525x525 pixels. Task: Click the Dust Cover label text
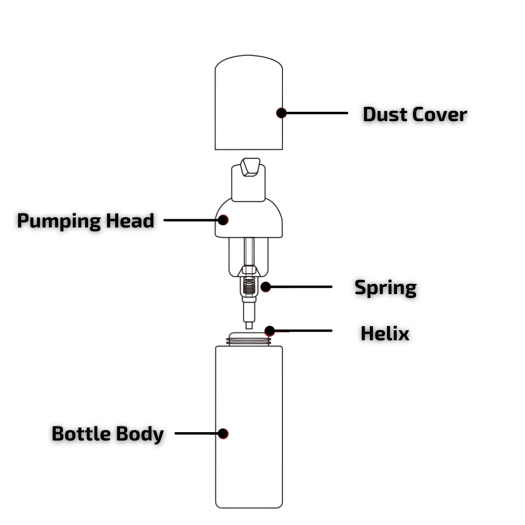pos(415,115)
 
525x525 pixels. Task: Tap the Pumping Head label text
pos(86,221)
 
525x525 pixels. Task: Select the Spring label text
pos(385,287)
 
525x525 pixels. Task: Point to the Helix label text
pos(385,333)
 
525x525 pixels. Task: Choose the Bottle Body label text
pos(107,434)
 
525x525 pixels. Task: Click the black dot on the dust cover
pos(281,113)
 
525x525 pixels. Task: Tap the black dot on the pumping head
pos(223,220)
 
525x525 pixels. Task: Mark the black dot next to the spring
pos(265,287)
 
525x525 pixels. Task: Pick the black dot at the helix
pos(270,331)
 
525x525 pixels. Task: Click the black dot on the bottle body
pos(223,433)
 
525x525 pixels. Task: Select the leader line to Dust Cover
pos(316,113)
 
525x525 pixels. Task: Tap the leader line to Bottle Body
pos(196,433)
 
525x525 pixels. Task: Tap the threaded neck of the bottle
pos(249,339)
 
